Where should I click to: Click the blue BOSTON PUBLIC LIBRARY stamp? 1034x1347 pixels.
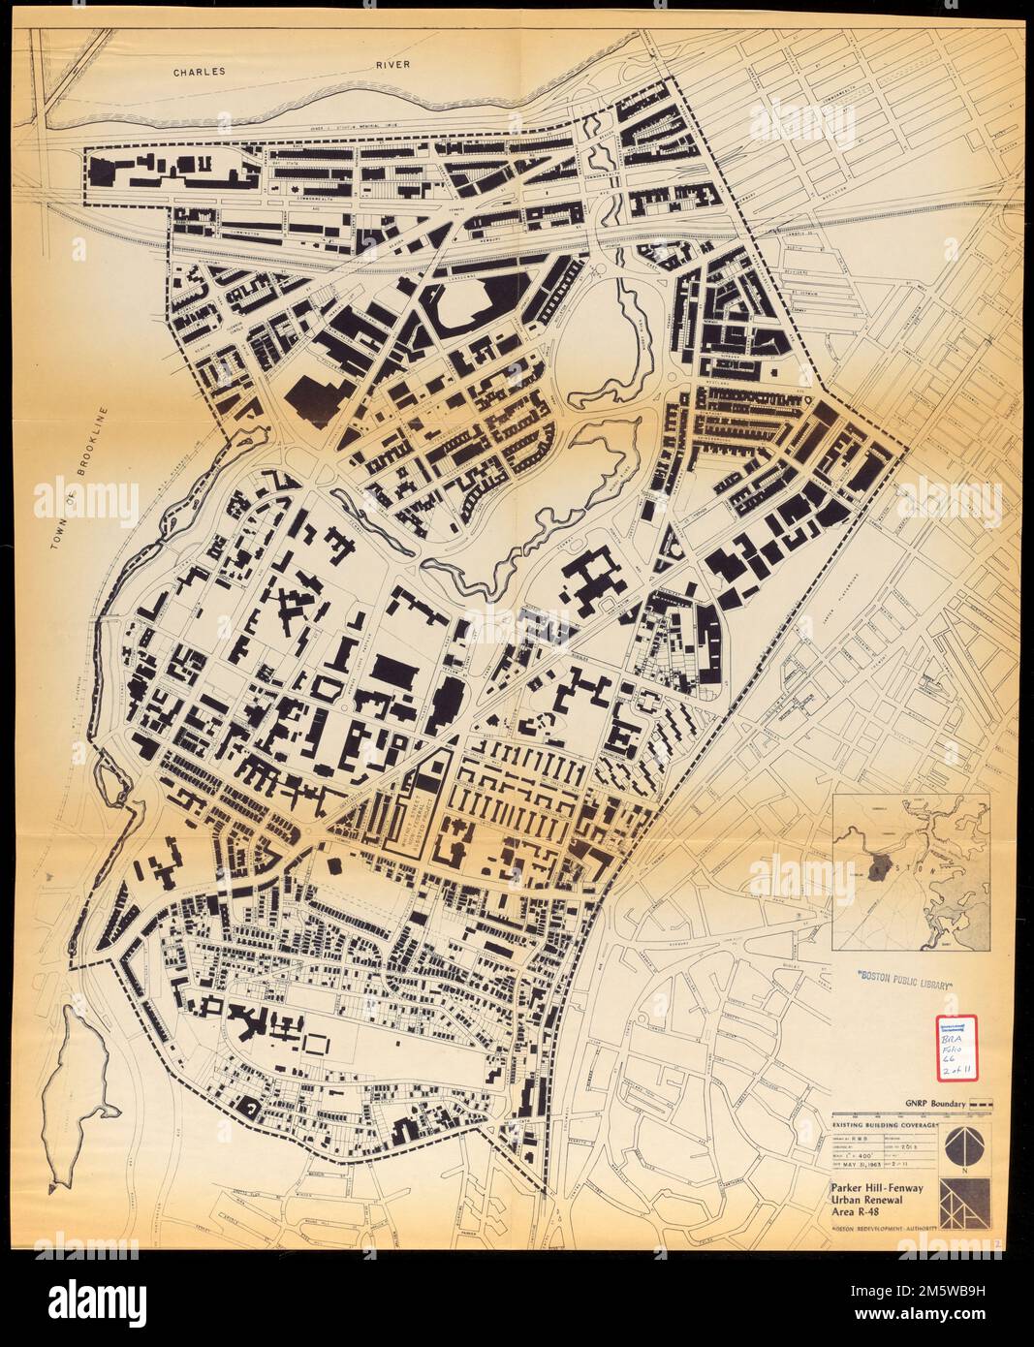click(x=902, y=982)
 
